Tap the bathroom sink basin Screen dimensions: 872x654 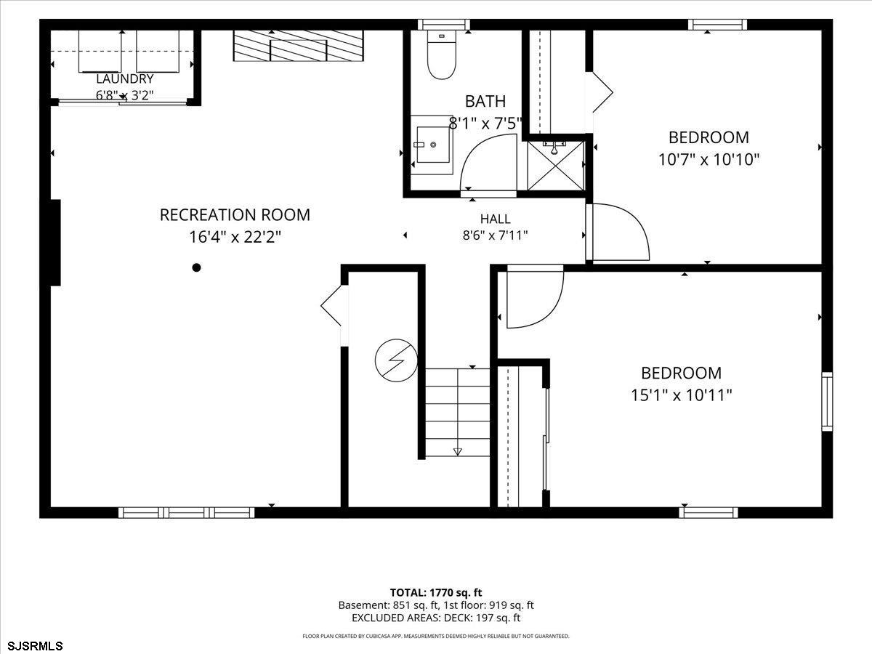[x=432, y=145]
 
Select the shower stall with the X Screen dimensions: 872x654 [x=556, y=166]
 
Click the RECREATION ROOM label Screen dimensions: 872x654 [x=235, y=215]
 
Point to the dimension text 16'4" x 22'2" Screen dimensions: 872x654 [x=235, y=238]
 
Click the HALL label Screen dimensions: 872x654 [x=496, y=219]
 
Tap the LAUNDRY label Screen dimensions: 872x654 [x=125, y=78]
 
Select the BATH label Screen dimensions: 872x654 [x=485, y=101]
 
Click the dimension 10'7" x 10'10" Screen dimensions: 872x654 [x=708, y=160]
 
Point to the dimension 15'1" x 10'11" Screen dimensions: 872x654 [x=682, y=395]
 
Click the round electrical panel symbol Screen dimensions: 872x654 [x=396, y=360]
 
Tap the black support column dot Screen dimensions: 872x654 [x=196, y=267]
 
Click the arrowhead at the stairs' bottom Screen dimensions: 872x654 [x=458, y=451]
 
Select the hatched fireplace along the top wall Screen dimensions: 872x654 [x=298, y=46]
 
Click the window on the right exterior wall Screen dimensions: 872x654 [x=827, y=401]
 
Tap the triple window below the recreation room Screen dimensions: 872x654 [x=186, y=512]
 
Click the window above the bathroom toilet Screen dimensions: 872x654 [x=443, y=25]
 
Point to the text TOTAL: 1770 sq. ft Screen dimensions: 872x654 [x=436, y=593]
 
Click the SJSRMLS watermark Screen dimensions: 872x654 [x=32, y=646]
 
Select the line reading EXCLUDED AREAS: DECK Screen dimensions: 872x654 [x=436, y=618]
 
